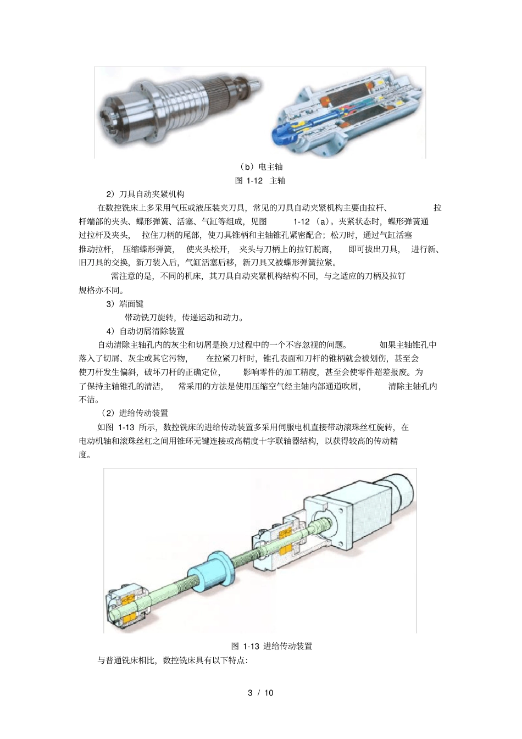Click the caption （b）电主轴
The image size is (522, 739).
pyautogui.click(x=261, y=166)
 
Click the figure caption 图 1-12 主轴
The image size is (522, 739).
pyautogui.click(x=260, y=180)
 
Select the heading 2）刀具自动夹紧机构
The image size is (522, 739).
pyautogui.click(x=145, y=194)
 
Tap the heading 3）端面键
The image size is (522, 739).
pyautogui.click(x=125, y=303)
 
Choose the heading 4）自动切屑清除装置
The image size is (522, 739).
pyautogui.click(x=145, y=331)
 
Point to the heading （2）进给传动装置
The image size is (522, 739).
pyautogui.click(x=134, y=413)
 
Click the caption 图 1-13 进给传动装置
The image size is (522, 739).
pyautogui.click(x=271, y=646)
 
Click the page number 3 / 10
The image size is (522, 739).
pyautogui.click(x=260, y=692)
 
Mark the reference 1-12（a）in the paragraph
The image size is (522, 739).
pyautogui.click(x=312, y=221)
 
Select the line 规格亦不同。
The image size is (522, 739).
pyautogui.click(x=102, y=290)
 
